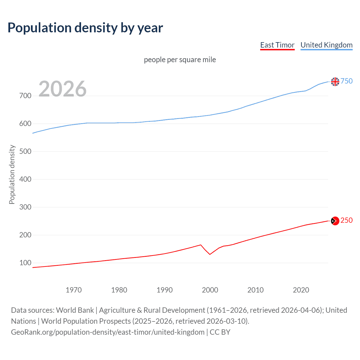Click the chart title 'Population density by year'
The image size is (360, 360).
pyautogui.click(x=85, y=28)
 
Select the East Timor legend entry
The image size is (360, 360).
pyautogui.click(x=277, y=45)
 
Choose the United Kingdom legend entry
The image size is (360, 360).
pyautogui.click(x=326, y=45)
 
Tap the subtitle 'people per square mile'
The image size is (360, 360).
pyautogui.click(x=180, y=60)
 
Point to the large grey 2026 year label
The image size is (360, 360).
pyautogui.click(x=62, y=89)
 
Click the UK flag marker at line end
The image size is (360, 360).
pyautogui.click(x=335, y=82)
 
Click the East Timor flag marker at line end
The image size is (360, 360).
pyautogui.click(x=335, y=221)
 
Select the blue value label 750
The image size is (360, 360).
pyautogui.click(x=346, y=81)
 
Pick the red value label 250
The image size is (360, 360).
pyautogui.click(x=346, y=220)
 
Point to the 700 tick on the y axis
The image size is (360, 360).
pyautogui.click(x=25, y=96)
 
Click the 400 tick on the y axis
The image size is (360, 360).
pyautogui.click(x=25, y=179)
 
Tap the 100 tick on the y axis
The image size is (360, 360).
pyautogui.click(x=25, y=263)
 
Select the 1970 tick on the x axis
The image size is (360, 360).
pyautogui.click(x=74, y=290)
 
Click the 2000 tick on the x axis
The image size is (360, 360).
pyautogui.click(x=210, y=290)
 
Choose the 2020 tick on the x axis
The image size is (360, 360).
pyautogui.click(x=301, y=290)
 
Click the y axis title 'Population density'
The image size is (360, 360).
pyautogui.click(x=12, y=174)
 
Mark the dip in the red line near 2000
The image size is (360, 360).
pyautogui.click(x=210, y=254)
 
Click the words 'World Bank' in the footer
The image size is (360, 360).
pyautogui.click(x=75, y=310)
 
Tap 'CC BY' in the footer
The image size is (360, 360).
pyautogui.click(x=220, y=332)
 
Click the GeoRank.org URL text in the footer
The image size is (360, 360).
pyautogui.click(x=108, y=332)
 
